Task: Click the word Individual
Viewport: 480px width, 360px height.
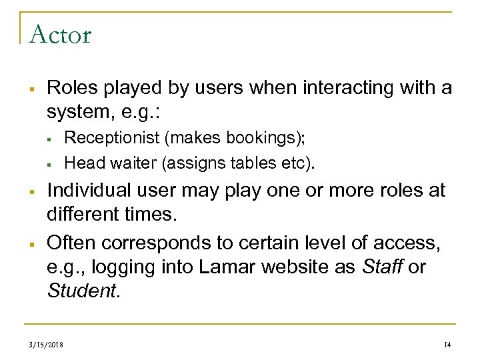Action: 87,191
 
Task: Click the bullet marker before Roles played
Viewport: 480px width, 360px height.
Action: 31,89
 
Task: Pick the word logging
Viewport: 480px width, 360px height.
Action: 121,268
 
